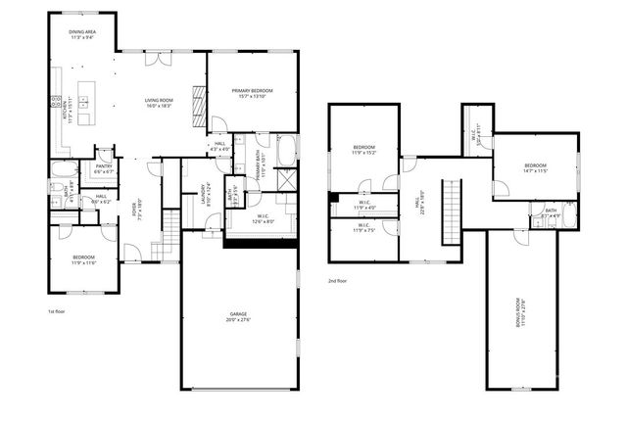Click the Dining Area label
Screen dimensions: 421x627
(x=82, y=34)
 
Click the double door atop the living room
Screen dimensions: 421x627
(x=154, y=58)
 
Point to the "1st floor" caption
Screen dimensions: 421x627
(x=57, y=311)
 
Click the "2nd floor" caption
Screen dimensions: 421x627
(x=338, y=280)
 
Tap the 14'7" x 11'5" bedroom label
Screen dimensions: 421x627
(x=535, y=167)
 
